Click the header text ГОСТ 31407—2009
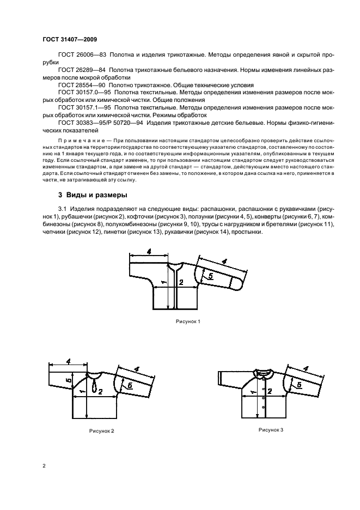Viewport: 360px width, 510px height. tap(70, 39)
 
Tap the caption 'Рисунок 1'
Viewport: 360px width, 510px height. tap(188, 321)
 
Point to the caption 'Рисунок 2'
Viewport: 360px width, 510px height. tap(102, 430)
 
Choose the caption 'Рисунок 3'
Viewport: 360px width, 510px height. tap(271, 430)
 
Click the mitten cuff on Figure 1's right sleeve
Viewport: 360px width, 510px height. tap(239, 282)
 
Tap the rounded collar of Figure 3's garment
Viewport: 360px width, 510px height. tap(264, 375)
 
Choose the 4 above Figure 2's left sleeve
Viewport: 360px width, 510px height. tap(68, 361)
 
